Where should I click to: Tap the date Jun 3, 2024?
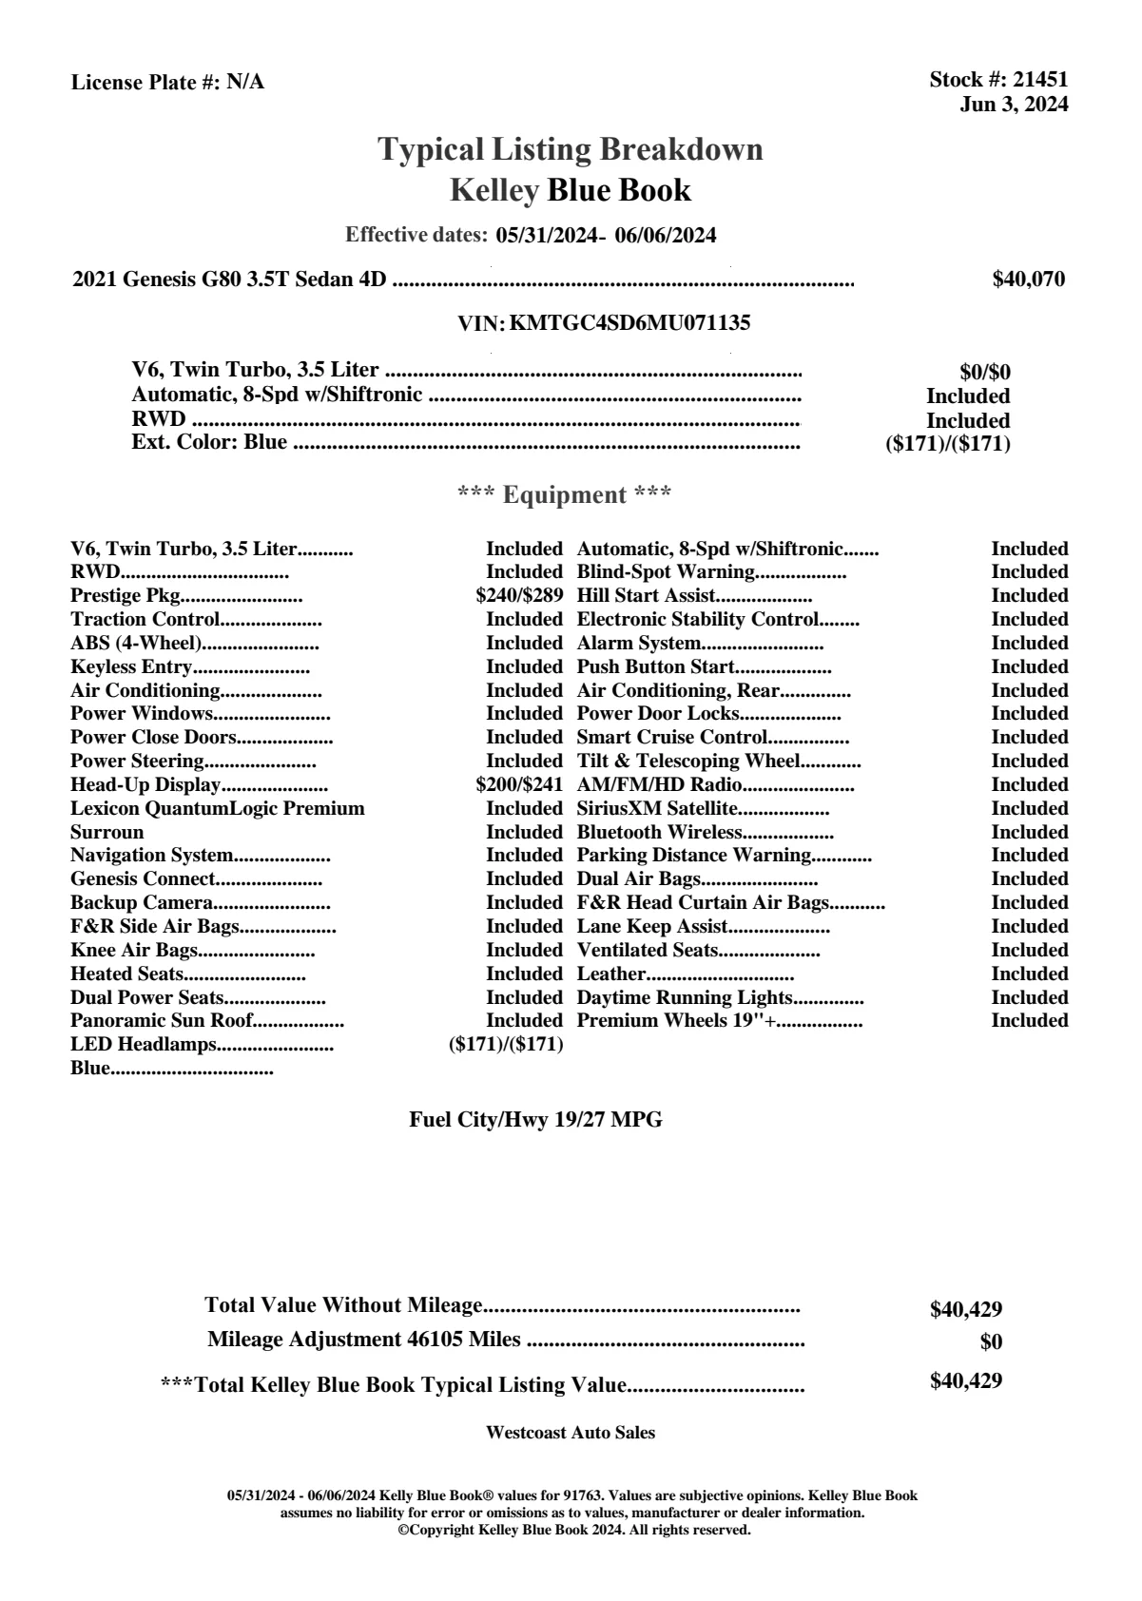point(1014,105)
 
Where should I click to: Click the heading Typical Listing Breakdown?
point(571,149)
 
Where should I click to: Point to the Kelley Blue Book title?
point(571,190)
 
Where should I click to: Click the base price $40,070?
point(1029,280)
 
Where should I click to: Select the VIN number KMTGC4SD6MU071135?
point(629,323)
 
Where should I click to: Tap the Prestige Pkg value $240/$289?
point(519,596)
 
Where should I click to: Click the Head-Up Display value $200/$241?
point(519,785)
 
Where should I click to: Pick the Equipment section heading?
point(565,495)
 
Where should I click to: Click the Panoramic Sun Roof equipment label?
point(163,1021)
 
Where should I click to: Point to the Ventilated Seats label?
point(648,951)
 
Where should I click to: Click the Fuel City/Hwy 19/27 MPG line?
point(535,1120)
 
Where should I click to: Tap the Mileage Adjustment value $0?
point(991,1342)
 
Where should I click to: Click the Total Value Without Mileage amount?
point(966,1310)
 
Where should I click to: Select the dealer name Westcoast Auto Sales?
point(571,1433)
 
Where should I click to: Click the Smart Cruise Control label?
point(671,738)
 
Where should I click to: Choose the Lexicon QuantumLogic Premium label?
point(218,809)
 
